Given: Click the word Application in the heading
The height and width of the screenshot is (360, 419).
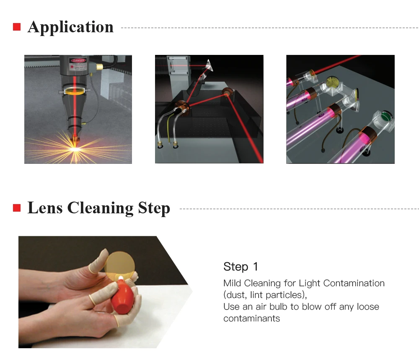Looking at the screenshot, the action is (70, 27).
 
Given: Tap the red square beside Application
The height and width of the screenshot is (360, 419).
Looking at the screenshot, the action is (17, 27).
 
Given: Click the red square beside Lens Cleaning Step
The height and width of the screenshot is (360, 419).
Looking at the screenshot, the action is (17, 208).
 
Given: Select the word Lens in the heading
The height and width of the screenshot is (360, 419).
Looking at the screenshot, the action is (45, 208).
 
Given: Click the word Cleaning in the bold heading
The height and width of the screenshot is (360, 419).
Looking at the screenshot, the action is (100, 208).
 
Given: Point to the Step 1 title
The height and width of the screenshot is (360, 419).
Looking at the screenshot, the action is (241, 267).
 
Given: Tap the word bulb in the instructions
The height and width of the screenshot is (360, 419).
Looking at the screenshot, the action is (279, 306).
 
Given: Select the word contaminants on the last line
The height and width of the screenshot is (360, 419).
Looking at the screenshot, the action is (251, 319).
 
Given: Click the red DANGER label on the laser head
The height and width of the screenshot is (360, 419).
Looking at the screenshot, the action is (78, 61).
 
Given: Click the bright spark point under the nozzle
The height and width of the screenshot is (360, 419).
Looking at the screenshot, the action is (75, 149).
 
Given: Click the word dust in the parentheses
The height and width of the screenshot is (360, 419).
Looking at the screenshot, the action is (236, 295).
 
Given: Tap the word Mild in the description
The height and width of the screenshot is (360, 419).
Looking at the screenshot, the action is (232, 283).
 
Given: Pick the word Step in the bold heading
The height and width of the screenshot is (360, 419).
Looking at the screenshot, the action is (154, 208).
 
